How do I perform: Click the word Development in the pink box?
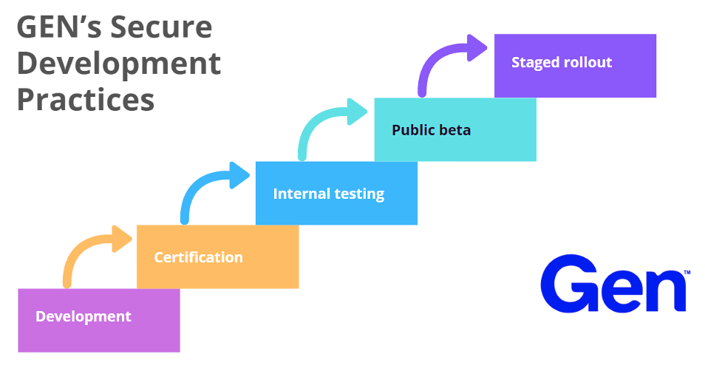84,316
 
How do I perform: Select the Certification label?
198,257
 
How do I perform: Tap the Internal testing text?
329,194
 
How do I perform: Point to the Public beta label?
431,130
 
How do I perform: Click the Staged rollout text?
562,62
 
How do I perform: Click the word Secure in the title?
161,27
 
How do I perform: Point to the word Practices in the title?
86,100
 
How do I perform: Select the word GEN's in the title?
61,27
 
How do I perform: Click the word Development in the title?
119,64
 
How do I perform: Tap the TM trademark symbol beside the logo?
687,272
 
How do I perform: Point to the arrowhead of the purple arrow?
477,47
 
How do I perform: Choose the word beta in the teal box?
455,130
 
